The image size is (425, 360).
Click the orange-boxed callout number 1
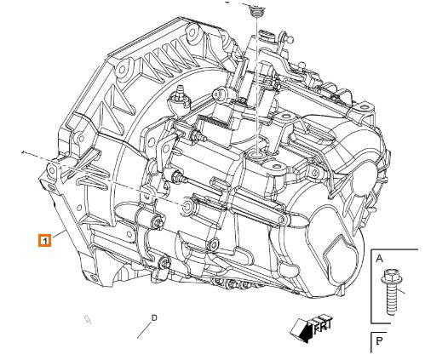(x=45, y=239)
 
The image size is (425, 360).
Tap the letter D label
(x=154, y=317)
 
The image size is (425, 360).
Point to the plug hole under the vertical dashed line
(x=255, y=154)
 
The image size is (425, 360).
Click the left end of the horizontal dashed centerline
(x=23, y=151)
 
